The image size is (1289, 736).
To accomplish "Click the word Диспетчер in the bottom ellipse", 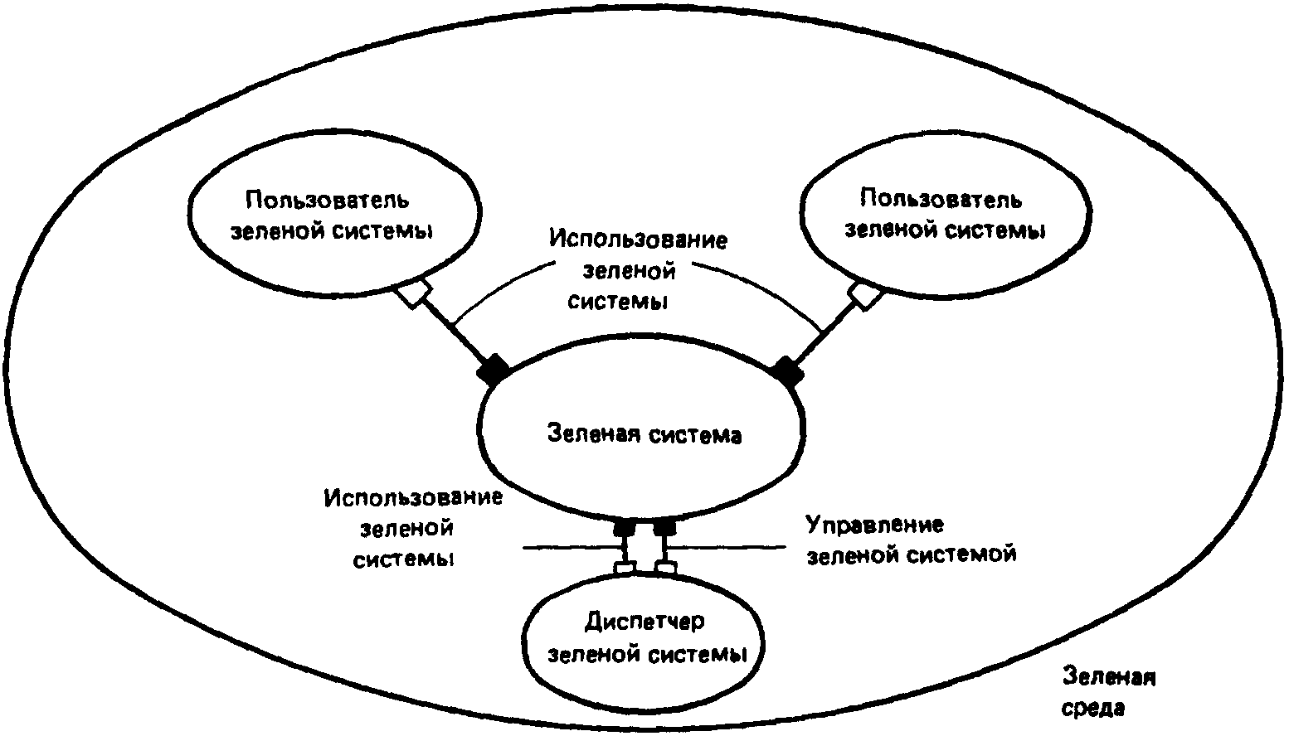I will tap(644, 622).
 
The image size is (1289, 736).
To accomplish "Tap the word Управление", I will tap(875, 525).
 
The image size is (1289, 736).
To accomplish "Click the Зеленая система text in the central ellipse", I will tap(644, 434).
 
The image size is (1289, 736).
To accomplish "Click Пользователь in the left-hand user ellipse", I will tap(328, 200).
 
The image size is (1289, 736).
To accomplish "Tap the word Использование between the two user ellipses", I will tap(637, 240).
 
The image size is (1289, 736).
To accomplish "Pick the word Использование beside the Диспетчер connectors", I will tap(414, 498).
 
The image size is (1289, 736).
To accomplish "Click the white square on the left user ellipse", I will tap(412, 293).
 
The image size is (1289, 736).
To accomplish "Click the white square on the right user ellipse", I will tap(866, 294).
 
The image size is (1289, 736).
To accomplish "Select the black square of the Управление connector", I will tap(664, 527).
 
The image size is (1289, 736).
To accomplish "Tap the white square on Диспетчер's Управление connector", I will tap(664, 568).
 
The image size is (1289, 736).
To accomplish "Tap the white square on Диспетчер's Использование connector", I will tap(625, 568).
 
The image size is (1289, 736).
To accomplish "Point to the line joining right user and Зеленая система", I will tap(826, 331).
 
